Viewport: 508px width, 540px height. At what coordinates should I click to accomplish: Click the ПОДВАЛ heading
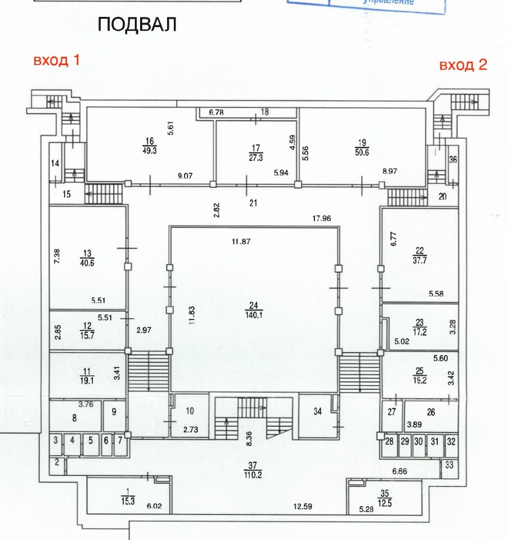137,25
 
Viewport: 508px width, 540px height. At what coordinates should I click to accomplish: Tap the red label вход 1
56,61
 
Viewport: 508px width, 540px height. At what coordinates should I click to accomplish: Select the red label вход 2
463,65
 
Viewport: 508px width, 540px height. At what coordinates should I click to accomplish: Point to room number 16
149,141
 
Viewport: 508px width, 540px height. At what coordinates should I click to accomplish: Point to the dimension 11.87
240,241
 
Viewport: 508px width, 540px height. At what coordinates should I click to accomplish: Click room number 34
317,411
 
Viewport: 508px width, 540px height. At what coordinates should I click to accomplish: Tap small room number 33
448,465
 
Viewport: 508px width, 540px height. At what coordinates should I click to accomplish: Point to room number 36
453,159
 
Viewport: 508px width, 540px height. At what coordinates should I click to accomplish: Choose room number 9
114,412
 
